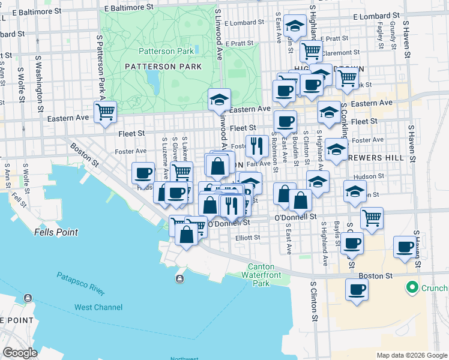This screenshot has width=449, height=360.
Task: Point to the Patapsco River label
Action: point(81,283)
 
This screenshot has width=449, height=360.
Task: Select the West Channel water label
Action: point(98,307)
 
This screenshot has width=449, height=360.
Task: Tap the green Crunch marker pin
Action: point(412,288)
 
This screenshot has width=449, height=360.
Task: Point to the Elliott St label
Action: point(247,238)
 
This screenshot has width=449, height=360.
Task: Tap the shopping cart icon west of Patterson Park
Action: point(106,111)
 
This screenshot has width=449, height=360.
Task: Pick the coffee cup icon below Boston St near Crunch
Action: point(357,289)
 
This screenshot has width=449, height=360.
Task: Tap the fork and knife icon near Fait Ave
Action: point(256,145)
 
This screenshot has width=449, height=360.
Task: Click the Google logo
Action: point(20,353)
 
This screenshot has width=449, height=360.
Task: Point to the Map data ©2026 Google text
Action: point(411,355)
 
